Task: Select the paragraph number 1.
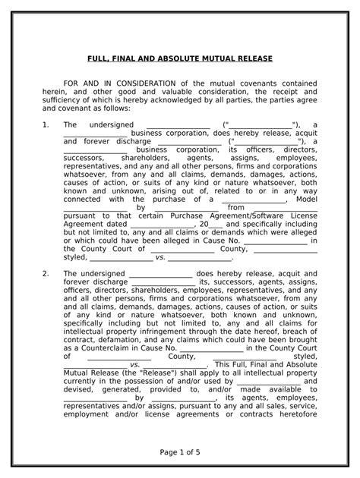[x=46, y=124]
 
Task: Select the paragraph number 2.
[x=46, y=273]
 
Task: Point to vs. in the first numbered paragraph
[x=160, y=257]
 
